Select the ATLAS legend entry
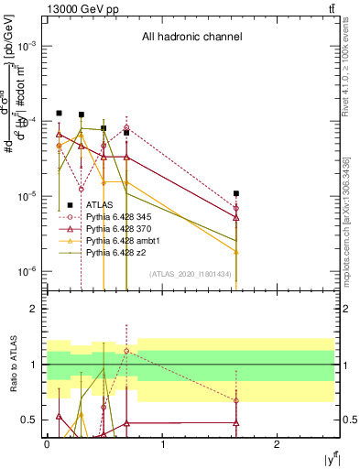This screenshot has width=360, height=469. click(100, 206)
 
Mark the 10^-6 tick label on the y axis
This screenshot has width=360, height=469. click(28, 271)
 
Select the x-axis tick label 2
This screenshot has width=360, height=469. click(278, 445)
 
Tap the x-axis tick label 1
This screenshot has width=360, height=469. click(162, 445)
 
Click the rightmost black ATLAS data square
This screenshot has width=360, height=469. click(236, 193)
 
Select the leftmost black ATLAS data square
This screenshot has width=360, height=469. click(59, 113)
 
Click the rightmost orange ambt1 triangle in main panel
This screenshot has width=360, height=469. click(236, 251)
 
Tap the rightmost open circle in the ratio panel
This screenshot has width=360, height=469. click(236, 400)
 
